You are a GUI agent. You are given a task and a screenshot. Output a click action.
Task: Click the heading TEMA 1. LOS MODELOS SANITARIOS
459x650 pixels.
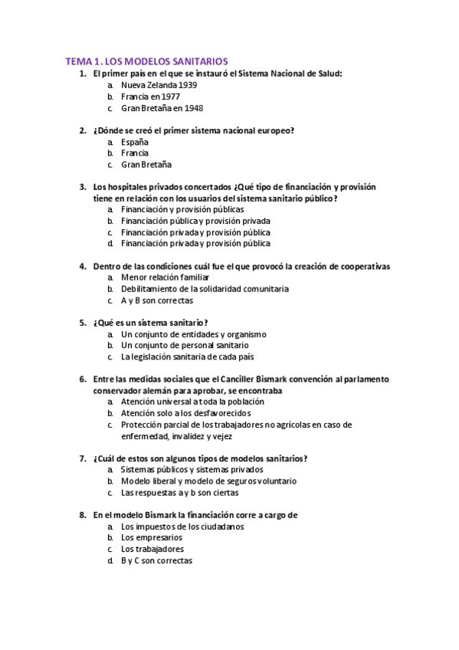[x=146, y=61]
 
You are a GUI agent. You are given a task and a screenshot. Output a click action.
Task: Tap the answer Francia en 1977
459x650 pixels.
[x=150, y=97]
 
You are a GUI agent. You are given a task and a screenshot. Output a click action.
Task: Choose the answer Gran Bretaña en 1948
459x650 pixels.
[x=156, y=108]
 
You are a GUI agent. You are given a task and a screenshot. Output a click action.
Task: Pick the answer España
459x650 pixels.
[x=134, y=142]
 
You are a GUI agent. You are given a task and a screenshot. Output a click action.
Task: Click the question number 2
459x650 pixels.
[x=83, y=130]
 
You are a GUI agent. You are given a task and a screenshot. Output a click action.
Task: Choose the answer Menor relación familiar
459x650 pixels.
[x=160, y=277]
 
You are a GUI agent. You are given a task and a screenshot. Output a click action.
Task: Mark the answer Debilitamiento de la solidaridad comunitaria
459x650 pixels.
[x=205, y=289]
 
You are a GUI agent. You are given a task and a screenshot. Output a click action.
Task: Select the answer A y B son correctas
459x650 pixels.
[x=156, y=300]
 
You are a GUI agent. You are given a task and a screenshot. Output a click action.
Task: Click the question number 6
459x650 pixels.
[x=83, y=379]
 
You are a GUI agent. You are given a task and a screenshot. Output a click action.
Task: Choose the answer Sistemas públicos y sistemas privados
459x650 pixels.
[x=192, y=469]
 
